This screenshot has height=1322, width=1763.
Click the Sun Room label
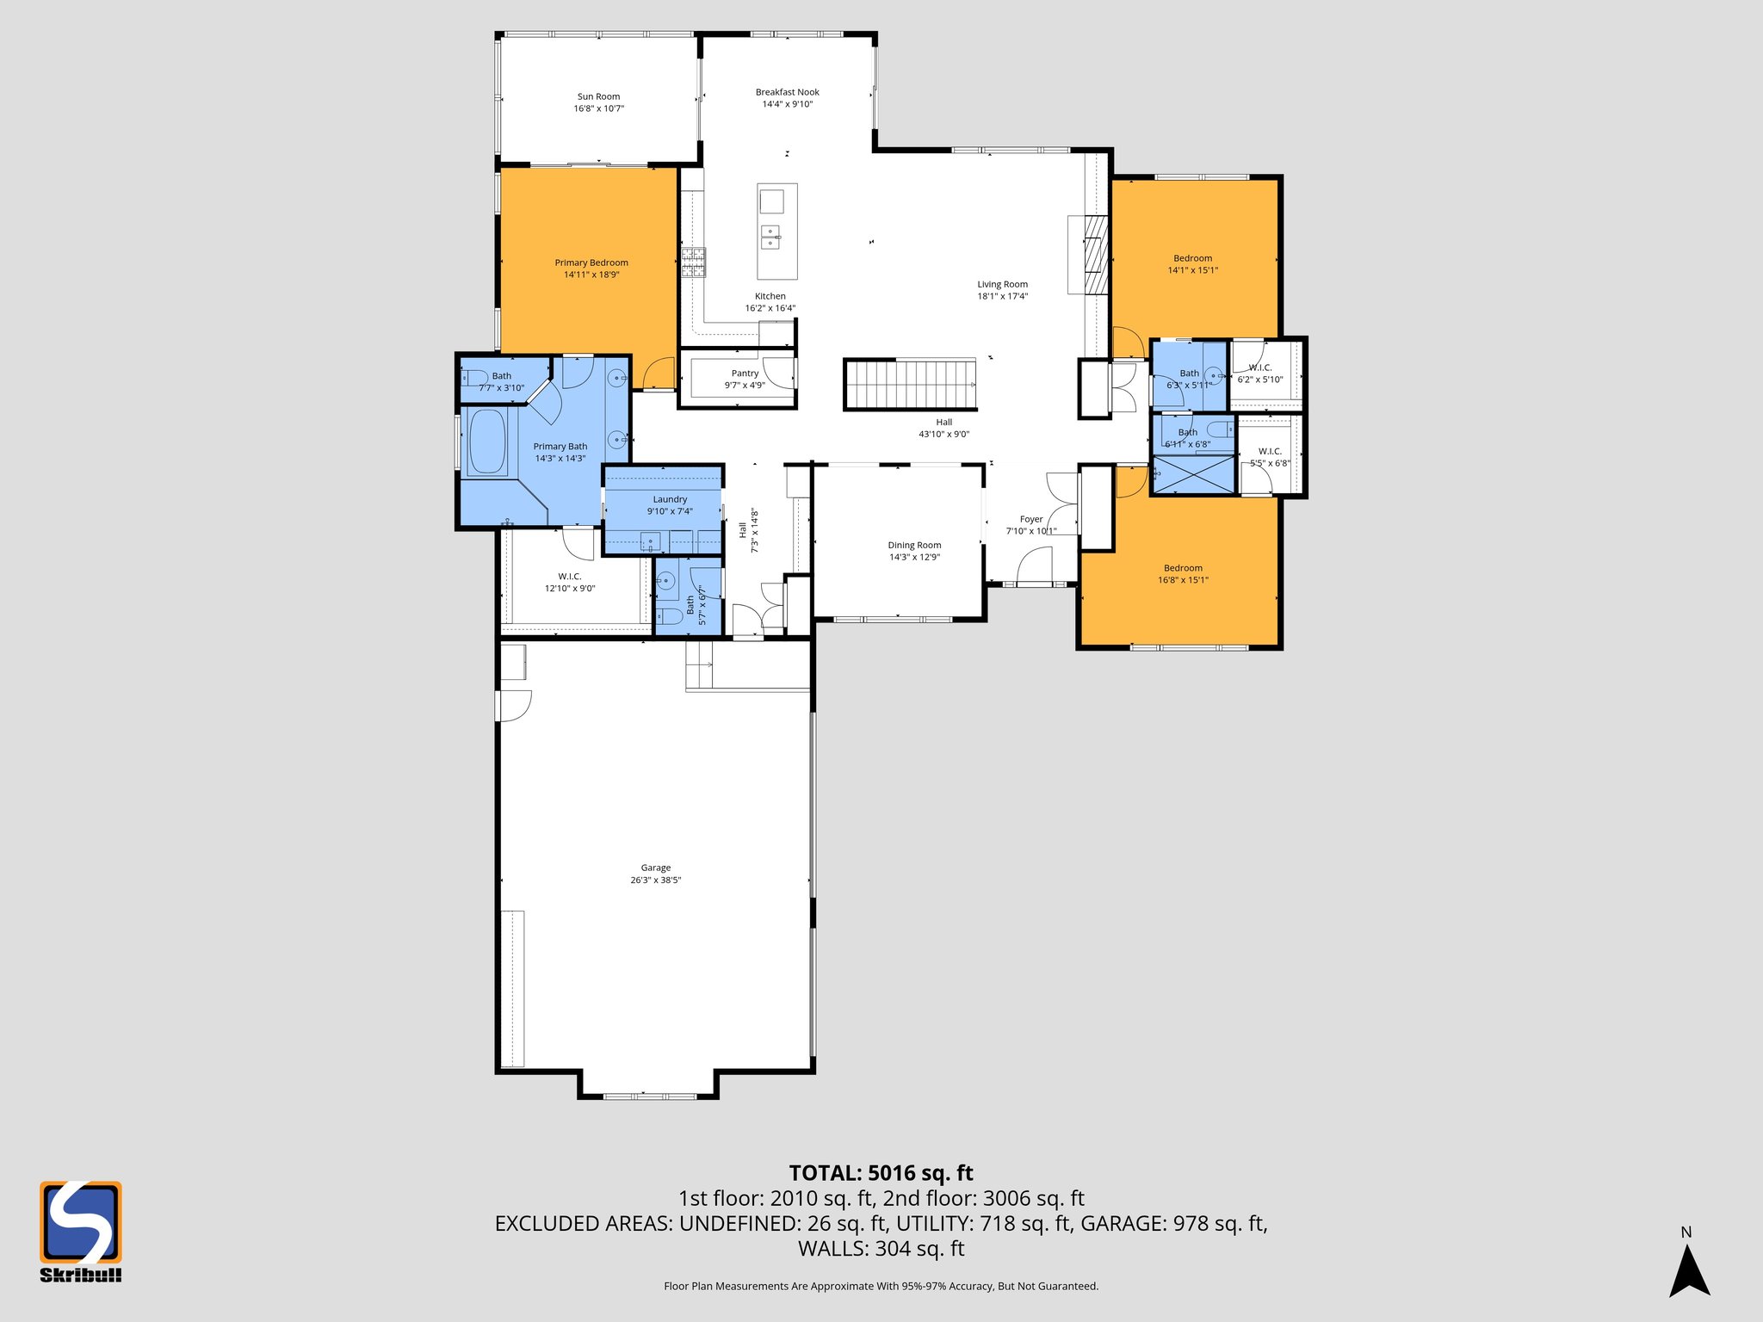(x=598, y=97)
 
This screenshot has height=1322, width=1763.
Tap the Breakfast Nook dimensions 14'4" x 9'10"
(x=787, y=104)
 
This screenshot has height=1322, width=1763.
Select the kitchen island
(x=776, y=232)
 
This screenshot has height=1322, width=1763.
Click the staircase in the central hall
(x=911, y=384)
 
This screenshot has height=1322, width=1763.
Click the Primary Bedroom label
(x=591, y=263)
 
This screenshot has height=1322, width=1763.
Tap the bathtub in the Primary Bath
(x=486, y=442)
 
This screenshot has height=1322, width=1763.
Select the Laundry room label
(x=670, y=499)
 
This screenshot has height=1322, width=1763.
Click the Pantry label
(x=745, y=374)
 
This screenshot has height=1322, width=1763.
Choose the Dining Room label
(x=914, y=545)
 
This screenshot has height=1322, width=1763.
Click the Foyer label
(x=1031, y=519)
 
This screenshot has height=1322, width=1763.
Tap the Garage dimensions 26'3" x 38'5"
(x=655, y=880)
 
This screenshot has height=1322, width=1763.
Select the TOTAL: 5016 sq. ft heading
(x=881, y=1173)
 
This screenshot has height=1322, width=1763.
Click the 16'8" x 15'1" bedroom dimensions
(x=1183, y=580)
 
